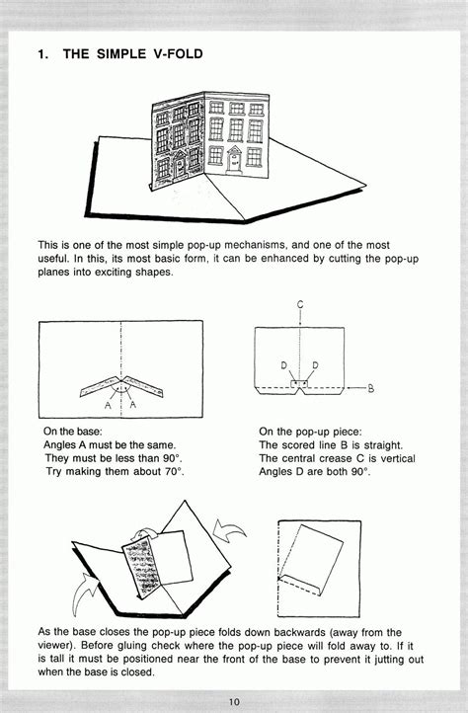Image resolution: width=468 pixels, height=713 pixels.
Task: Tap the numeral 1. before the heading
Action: [43, 55]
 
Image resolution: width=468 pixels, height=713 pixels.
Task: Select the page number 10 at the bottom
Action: [234, 701]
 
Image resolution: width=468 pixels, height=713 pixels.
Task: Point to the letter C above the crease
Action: [297, 305]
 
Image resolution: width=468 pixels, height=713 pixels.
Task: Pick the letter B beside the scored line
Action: [371, 388]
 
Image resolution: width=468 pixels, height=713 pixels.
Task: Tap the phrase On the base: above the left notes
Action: [77, 431]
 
